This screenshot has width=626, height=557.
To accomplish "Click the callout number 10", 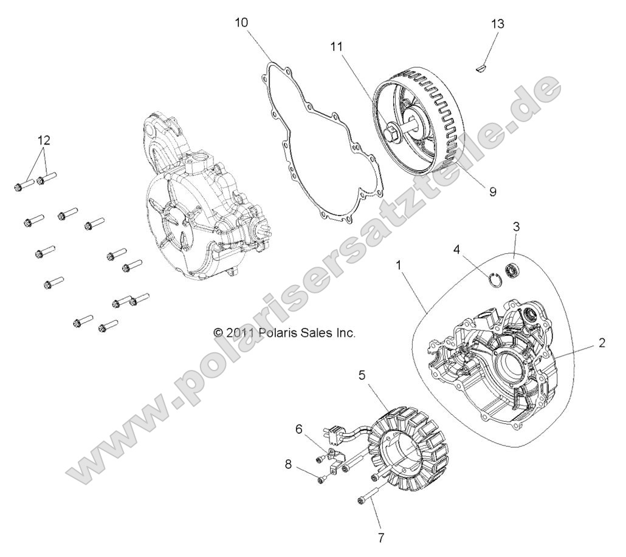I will click(242, 23).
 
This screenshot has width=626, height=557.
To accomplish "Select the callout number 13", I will click(498, 24).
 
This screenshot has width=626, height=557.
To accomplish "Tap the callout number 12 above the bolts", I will click(43, 140).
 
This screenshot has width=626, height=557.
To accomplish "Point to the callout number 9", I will click(492, 191).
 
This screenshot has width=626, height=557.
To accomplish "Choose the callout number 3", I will click(517, 227).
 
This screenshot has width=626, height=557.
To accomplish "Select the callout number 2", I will click(602, 343).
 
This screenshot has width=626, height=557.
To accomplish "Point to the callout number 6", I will click(298, 428).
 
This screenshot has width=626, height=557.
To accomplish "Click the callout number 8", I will click(287, 464).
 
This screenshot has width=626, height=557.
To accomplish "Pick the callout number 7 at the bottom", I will click(382, 538).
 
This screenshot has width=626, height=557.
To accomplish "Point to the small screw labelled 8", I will click(320, 479).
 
